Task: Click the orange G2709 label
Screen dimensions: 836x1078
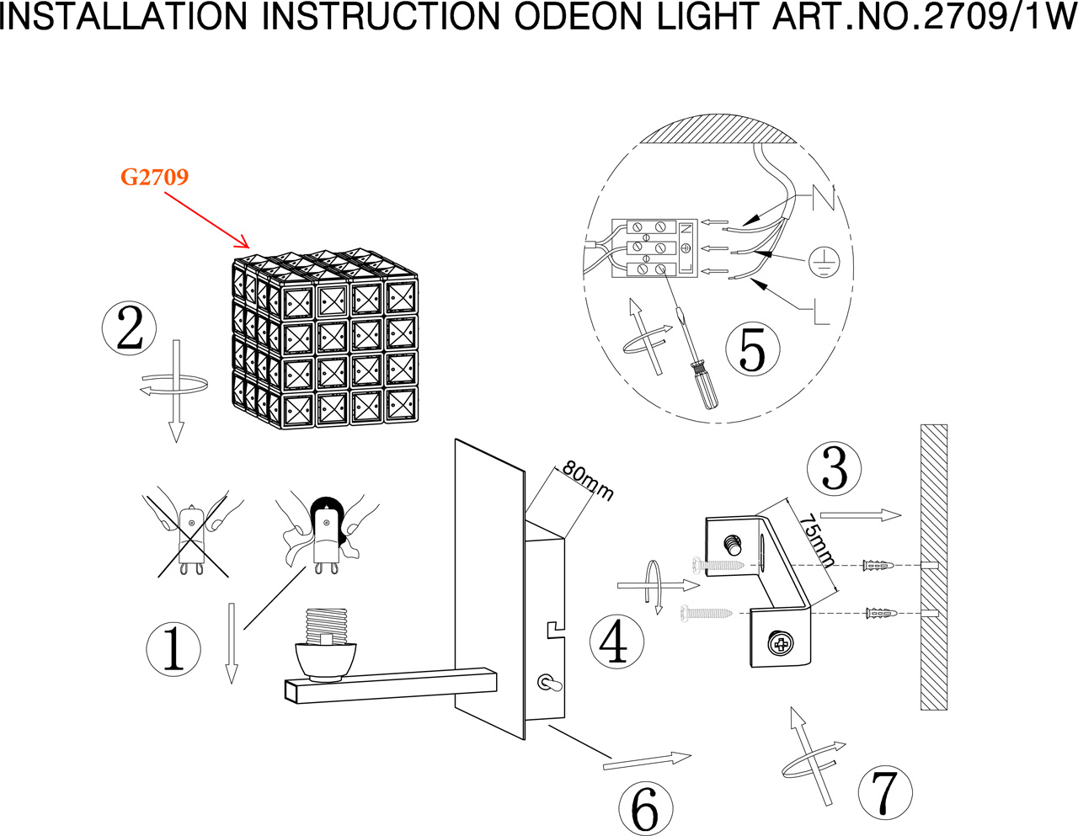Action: tap(154, 177)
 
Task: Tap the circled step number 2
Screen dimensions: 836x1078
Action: tap(129, 328)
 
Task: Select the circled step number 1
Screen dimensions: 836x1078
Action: tap(173, 649)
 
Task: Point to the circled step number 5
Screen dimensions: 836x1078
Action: tap(752, 349)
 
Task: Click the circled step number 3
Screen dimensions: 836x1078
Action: tap(834, 468)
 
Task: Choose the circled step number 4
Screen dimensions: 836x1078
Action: tap(616, 642)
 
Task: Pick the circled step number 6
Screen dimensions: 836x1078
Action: tap(645, 809)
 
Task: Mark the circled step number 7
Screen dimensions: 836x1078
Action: tap(884, 792)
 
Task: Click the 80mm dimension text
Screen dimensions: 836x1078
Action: tap(587, 481)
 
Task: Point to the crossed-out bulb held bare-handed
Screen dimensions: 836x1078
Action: tap(192, 539)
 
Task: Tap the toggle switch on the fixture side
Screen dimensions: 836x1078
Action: tap(546, 684)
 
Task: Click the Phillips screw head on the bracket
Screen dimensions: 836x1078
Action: tap(781, 645)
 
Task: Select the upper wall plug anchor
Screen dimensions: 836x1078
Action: tap(879, 565)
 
